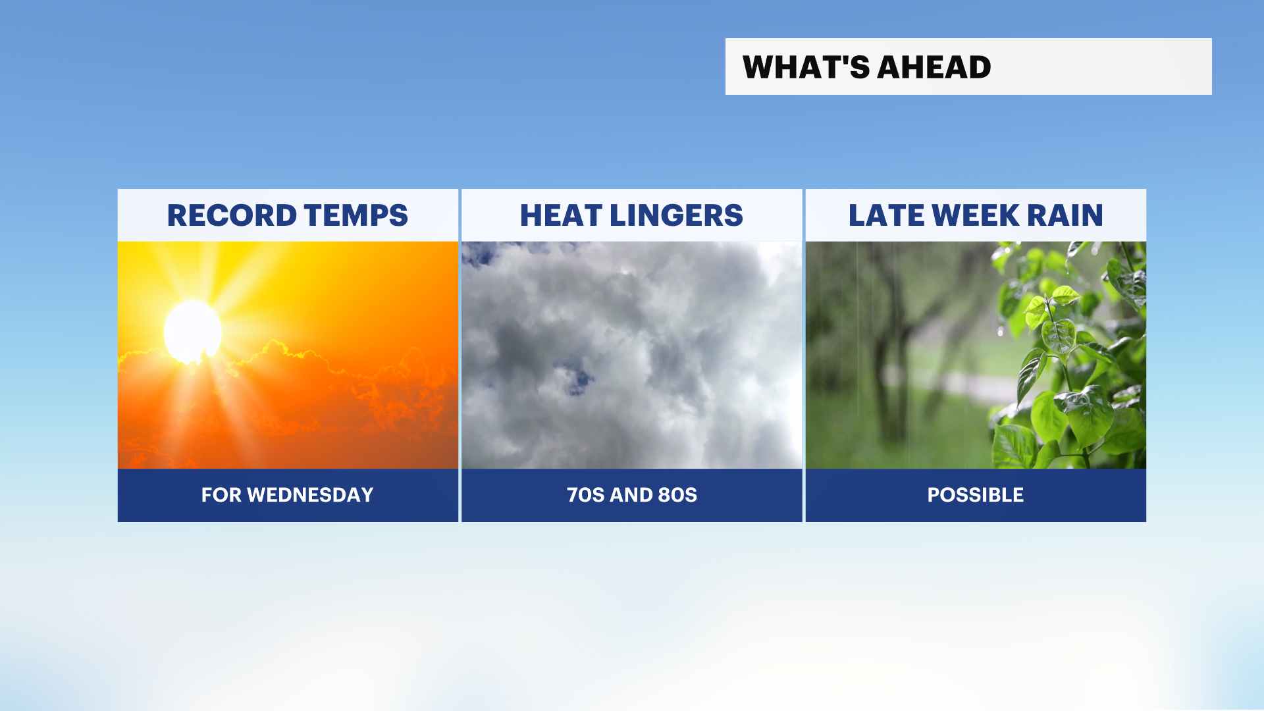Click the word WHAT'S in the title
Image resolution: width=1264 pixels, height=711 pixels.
(805, 67)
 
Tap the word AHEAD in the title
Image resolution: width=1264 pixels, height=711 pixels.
(934, 67)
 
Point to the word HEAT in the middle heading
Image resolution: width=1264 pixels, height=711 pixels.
(561, 215)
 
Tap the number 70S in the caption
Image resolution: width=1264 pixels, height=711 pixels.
(586, 495)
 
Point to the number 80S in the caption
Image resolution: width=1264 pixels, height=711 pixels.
(677, 495)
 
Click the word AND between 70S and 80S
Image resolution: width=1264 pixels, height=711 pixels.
(631, 495)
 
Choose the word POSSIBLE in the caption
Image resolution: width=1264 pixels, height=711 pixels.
(976, 495)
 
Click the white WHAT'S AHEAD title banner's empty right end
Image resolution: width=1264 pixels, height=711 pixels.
(1106, 66)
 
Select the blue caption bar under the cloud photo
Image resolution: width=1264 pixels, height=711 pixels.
(632, 495)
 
